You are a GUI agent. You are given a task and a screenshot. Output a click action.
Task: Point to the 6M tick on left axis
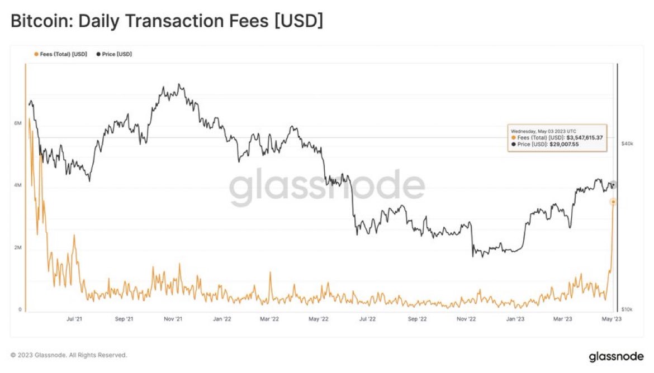pyautogui.click(x=17, y=123)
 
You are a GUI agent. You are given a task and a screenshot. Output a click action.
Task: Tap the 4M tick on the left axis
pyautogui.click(x=17, y=185)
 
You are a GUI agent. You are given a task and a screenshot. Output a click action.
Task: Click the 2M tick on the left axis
pyautogui.click(x=17, y=247)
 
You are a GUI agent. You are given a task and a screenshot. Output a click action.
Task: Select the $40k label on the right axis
pyautogui.click(x=627, y=144)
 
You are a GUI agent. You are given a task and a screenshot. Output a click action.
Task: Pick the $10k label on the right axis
pyautogui.click(x=627, y=309)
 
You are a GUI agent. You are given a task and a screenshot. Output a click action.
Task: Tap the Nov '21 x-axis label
pyautogui.click(x=173, y=319)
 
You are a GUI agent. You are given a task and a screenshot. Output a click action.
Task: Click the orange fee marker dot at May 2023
pyautogui.click(x=613, y=202)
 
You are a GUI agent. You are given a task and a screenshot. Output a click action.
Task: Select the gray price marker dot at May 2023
pyautogui.click(x=613, y=185)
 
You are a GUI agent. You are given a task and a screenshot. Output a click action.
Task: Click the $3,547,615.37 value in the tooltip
pyautogui.click(x=584, y=137)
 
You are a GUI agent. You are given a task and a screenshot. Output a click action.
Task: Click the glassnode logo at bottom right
pyautogui.click(x=617, y=356)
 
